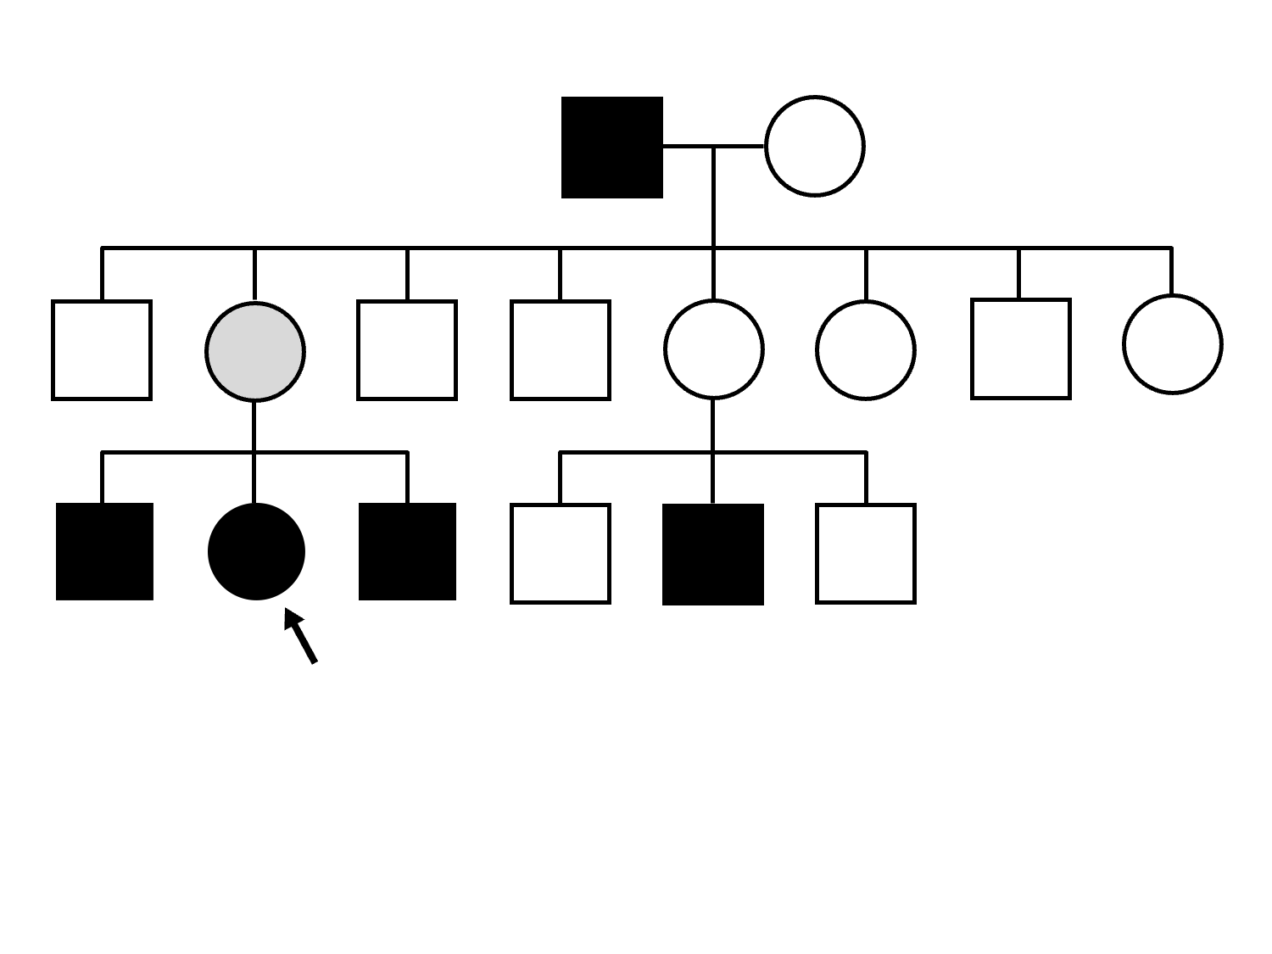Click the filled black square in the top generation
(x=611, y=148)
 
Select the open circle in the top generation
(x=814, y=147)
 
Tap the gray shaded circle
(x=255, y=350)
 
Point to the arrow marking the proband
(x=301, y=636)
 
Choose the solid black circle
(x=256, y=552)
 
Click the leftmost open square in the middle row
(x=102, y=349)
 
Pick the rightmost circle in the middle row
(x=1172, y=344)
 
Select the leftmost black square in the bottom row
(x=104, y=552)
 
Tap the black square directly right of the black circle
(x=407, y=552)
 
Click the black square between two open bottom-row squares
(x=712, y=555)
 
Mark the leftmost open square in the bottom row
(x=560, y=554)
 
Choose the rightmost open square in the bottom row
(x=865, y=554)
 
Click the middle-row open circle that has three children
(x=714, y=349)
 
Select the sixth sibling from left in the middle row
(x=865, y=349)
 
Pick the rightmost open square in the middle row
(x=1020, y=349)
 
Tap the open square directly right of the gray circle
(x=407, y=349)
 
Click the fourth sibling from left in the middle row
(x=560, y=349)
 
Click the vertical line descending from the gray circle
(x=254, y=426)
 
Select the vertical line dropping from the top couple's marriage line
(x=713, y=198)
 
